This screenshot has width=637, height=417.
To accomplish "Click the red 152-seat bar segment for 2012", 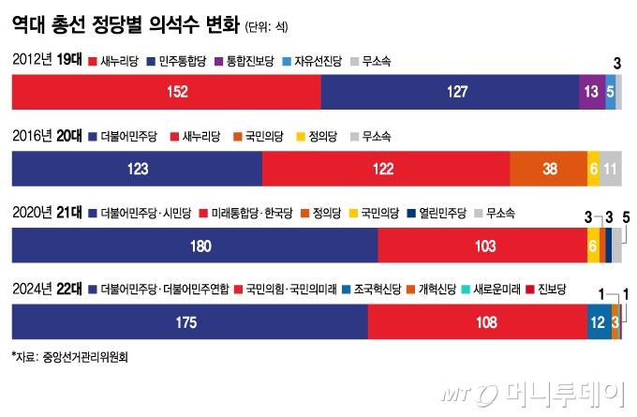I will (x=166, y=92).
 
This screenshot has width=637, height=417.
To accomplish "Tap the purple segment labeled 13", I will (x=591, y=92).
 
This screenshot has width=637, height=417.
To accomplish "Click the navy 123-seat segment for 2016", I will (x=137, y=168).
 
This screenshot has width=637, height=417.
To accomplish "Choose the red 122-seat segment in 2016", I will (x=386, y=168).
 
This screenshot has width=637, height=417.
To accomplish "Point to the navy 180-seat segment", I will (x=194, y=245).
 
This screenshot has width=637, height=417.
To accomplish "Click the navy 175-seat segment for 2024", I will (x=188, y=320).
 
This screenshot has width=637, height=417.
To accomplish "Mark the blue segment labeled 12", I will (x=598, y=320).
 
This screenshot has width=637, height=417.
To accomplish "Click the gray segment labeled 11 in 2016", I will (x=610, y=168).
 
